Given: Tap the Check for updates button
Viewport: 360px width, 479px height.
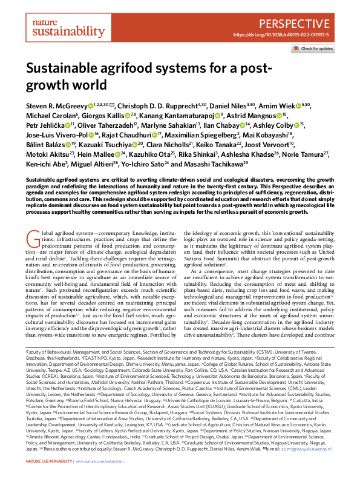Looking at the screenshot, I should [x=314, y=48].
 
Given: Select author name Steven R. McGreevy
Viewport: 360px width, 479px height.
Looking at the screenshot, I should [x=58, y=105].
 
